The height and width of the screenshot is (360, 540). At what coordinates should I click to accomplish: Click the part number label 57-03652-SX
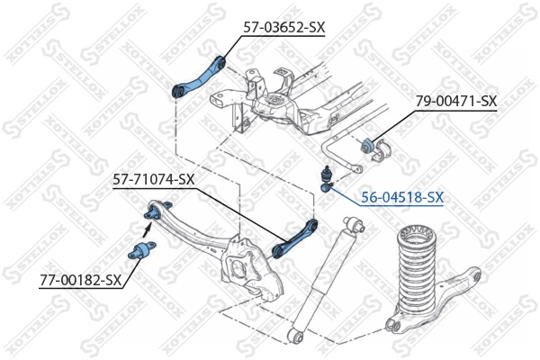[x=283, y=28]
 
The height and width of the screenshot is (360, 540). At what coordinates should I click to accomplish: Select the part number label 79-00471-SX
[x=455, y=101]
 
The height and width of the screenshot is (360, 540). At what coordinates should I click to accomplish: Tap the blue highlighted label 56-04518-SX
[x=402, y=195]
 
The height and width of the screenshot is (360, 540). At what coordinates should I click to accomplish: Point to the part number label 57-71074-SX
[x=153, y=179]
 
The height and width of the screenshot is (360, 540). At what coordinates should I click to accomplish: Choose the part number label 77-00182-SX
[x=80, y=280]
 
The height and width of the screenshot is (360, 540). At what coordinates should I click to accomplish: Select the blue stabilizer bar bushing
[x=369, y=146]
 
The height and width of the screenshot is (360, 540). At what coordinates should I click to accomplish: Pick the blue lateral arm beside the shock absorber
[x=295, y=237]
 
